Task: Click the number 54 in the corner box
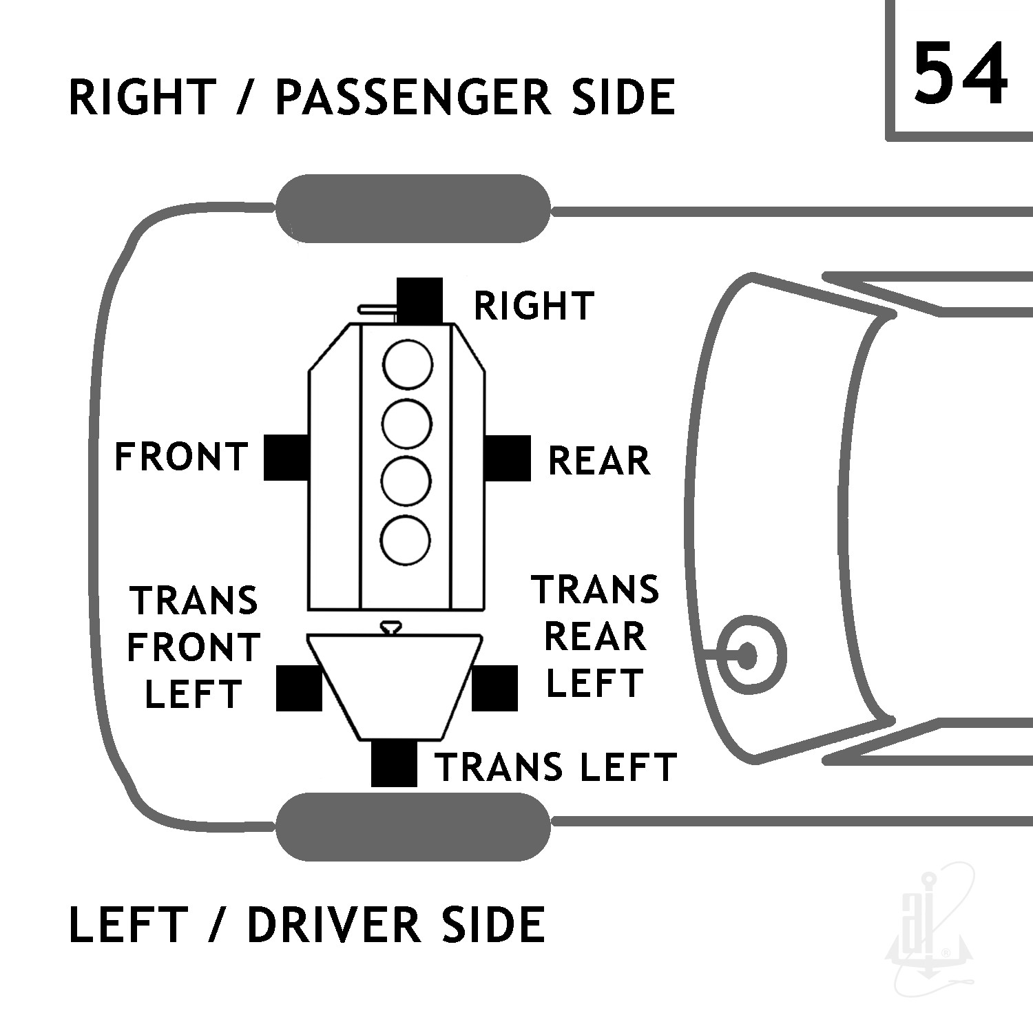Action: pos(960,72)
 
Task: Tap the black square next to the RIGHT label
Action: pos(420,300)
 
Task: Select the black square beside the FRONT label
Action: pos(286,457)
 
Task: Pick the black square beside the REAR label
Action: pos(508,458)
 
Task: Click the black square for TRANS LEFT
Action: pos(394,764)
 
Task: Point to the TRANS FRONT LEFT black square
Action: pos(299,688)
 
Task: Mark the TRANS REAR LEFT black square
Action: pos(494,688)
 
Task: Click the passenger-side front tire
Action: pos(413,209)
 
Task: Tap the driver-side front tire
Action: pos(413,826)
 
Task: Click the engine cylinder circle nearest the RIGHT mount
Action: pos(408,364)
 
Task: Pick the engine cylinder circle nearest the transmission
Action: pos(406,539)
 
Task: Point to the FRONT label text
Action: pos(181,457)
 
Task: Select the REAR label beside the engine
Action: pos(599,460)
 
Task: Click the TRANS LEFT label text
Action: pos(556,767)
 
